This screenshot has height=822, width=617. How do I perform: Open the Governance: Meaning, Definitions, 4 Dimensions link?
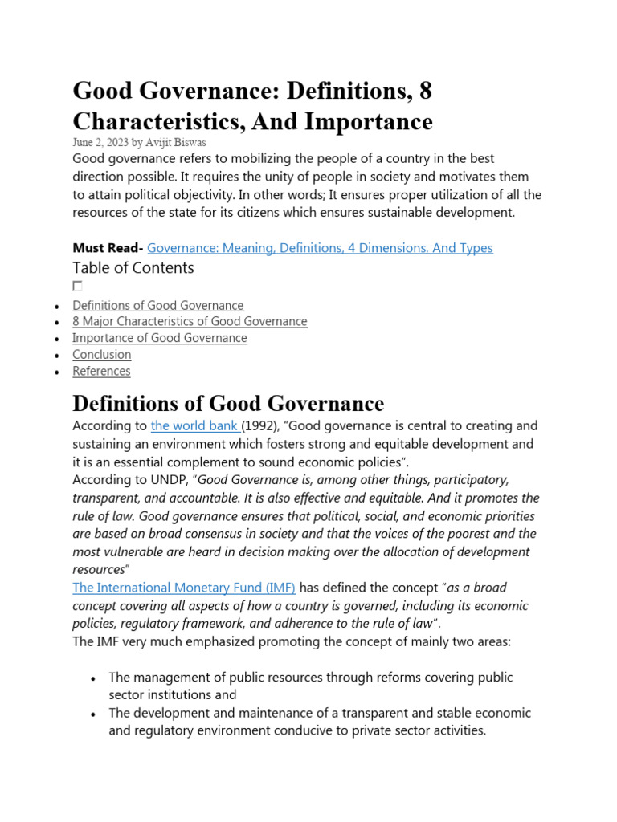[x=320, y=248]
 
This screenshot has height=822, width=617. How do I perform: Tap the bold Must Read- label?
[x=108, y=248]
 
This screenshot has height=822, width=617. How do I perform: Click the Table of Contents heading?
[x=133, y=267]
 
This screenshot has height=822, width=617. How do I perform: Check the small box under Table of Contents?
[x=77, y=286]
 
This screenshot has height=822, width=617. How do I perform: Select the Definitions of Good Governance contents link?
[x=158, y=305]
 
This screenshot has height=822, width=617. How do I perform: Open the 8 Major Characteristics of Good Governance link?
[x=190, y=321]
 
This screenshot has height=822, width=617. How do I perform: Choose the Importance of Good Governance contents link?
[x=160, y=338]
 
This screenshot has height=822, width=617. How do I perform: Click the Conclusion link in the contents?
[x=101, y=354]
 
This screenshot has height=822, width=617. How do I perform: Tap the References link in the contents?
[x=101, y=371]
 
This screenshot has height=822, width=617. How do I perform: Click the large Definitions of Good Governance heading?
[x=228, y=402]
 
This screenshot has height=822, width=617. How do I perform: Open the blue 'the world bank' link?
[x=195, y=425]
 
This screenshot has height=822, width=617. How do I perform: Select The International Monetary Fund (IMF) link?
[x=184, y=588]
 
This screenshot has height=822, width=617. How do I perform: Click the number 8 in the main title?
[x=425, y=91]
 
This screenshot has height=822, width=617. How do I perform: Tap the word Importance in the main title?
[x=373, y=121]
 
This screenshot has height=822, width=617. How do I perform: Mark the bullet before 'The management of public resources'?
[x=94, y=678]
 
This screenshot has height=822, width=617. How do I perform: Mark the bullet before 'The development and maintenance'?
[x=94, y=714]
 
